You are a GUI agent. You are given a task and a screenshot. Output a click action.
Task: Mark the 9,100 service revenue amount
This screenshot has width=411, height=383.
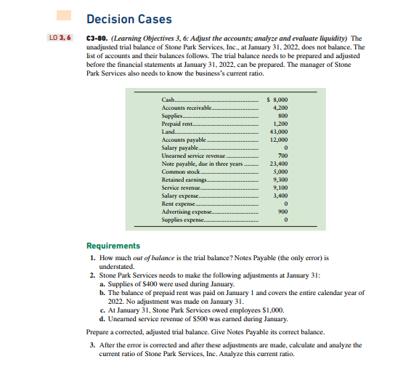pos(282,188)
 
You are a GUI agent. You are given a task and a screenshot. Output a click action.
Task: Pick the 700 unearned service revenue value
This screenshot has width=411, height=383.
pos(284,156)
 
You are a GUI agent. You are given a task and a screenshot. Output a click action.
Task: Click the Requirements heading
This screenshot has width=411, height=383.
pos(114,246)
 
